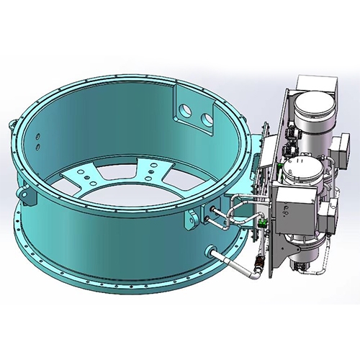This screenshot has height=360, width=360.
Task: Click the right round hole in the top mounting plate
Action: [x=207, y=115]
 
